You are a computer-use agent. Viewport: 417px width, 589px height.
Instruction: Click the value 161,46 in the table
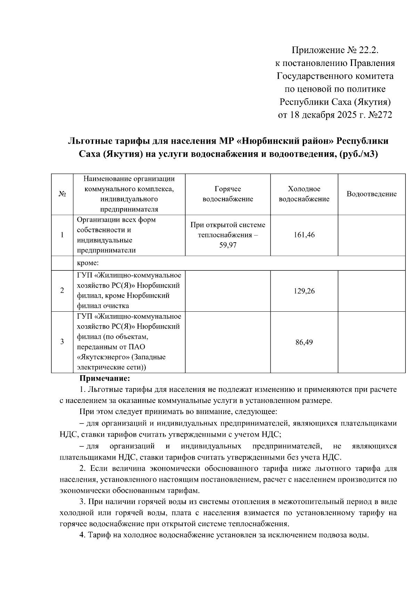pos(304,235)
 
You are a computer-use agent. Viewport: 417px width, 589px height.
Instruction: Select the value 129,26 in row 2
pos(304,291)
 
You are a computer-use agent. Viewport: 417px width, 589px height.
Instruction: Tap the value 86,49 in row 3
pos(304,343)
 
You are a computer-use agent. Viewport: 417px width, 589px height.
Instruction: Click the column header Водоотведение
pos(371,194)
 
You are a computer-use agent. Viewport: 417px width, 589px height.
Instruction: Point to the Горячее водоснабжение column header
pos(228,194)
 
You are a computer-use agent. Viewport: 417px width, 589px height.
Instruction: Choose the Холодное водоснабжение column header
pos(304,194)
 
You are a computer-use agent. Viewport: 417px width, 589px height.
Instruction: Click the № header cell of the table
pos(62,194)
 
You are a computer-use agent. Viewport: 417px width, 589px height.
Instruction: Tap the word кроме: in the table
pos(88,263)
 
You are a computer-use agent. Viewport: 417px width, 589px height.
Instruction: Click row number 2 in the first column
pos(62,291)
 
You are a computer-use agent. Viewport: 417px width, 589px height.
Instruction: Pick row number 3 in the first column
pos(62,342)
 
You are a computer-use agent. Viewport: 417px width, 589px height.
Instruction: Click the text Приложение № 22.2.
pos(334,51)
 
